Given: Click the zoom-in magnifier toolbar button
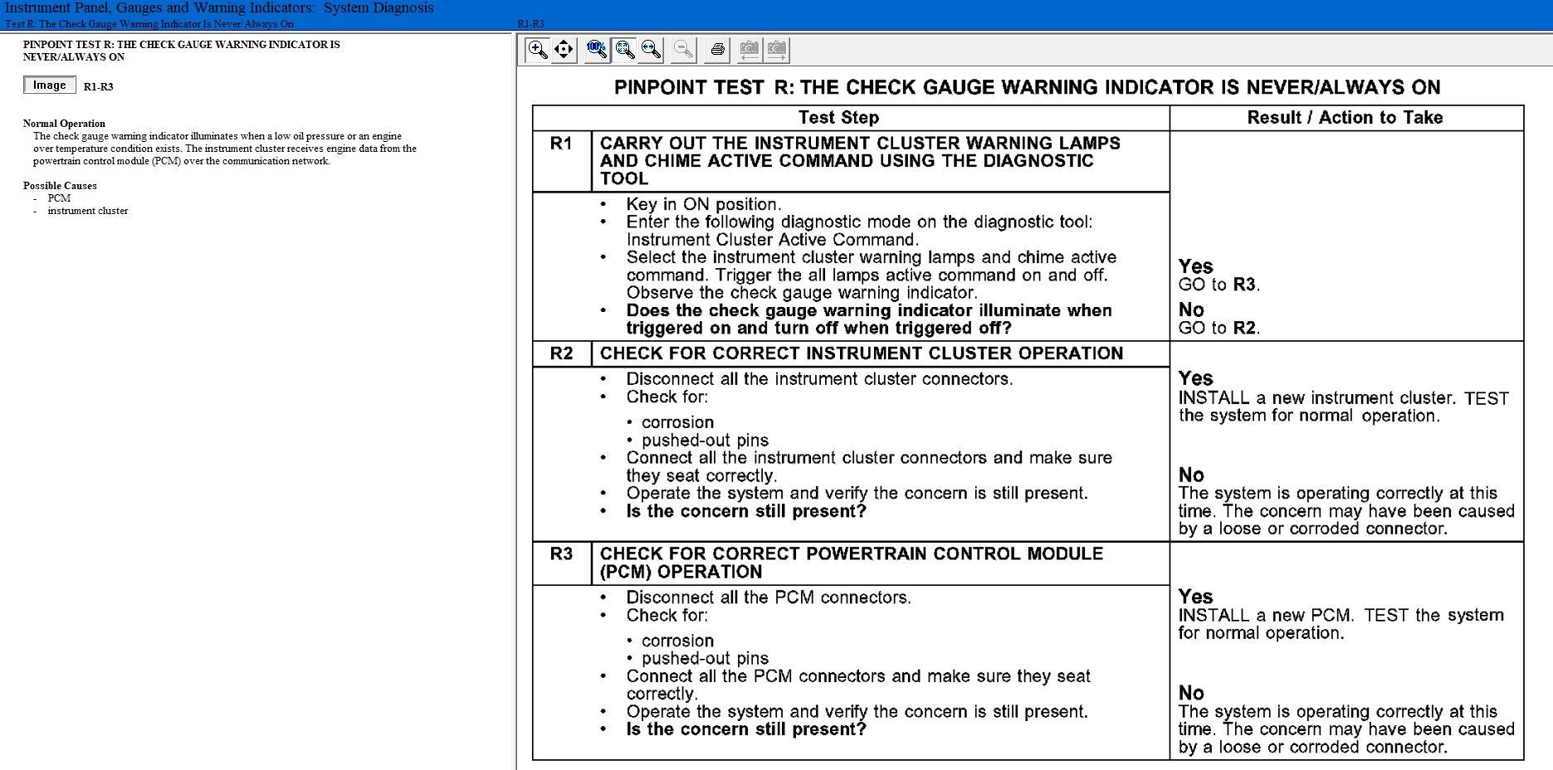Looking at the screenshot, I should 537,50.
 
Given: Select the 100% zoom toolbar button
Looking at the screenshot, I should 596,50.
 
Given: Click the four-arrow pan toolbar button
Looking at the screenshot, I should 564,50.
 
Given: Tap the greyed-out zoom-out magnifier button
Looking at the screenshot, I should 683,50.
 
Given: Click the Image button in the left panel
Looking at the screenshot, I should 50,85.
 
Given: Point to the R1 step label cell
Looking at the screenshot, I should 561,144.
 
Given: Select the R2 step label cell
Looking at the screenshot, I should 561,353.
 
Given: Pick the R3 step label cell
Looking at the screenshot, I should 561,554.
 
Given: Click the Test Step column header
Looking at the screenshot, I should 838,118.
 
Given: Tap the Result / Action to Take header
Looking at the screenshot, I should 1345,118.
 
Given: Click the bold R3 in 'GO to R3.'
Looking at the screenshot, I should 1243,285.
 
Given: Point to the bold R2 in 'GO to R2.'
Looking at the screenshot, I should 1243,328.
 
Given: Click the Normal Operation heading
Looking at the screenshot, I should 64,124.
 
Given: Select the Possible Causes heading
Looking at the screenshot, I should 60,186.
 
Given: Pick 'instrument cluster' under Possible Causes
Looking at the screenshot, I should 88,211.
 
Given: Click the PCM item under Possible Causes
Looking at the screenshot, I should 59,198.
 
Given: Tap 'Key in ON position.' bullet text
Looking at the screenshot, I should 703,204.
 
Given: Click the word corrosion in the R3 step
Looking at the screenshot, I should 677,641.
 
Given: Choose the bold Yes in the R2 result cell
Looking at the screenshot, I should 1195,378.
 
